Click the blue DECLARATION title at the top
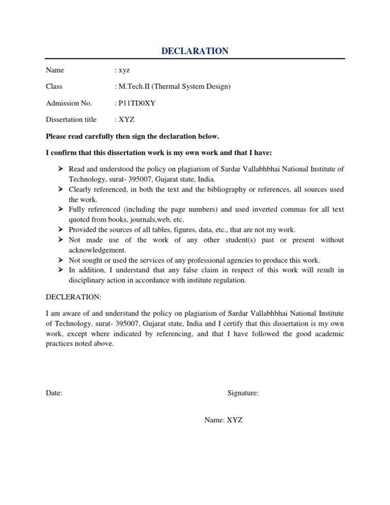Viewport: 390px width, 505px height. [195, 51]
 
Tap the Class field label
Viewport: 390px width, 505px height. [54, 87]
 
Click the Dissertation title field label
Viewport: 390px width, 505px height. [71, 120]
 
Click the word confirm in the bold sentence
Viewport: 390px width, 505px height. [63, 153]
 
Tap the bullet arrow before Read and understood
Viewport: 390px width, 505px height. [60, 169]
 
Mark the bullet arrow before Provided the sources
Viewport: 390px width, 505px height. [60, 230]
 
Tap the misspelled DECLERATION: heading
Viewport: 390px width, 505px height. [73, 297]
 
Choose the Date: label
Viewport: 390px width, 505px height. [54, 393]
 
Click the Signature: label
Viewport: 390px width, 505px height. [243, 393]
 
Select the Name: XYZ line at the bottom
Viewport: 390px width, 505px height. [223, 420]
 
